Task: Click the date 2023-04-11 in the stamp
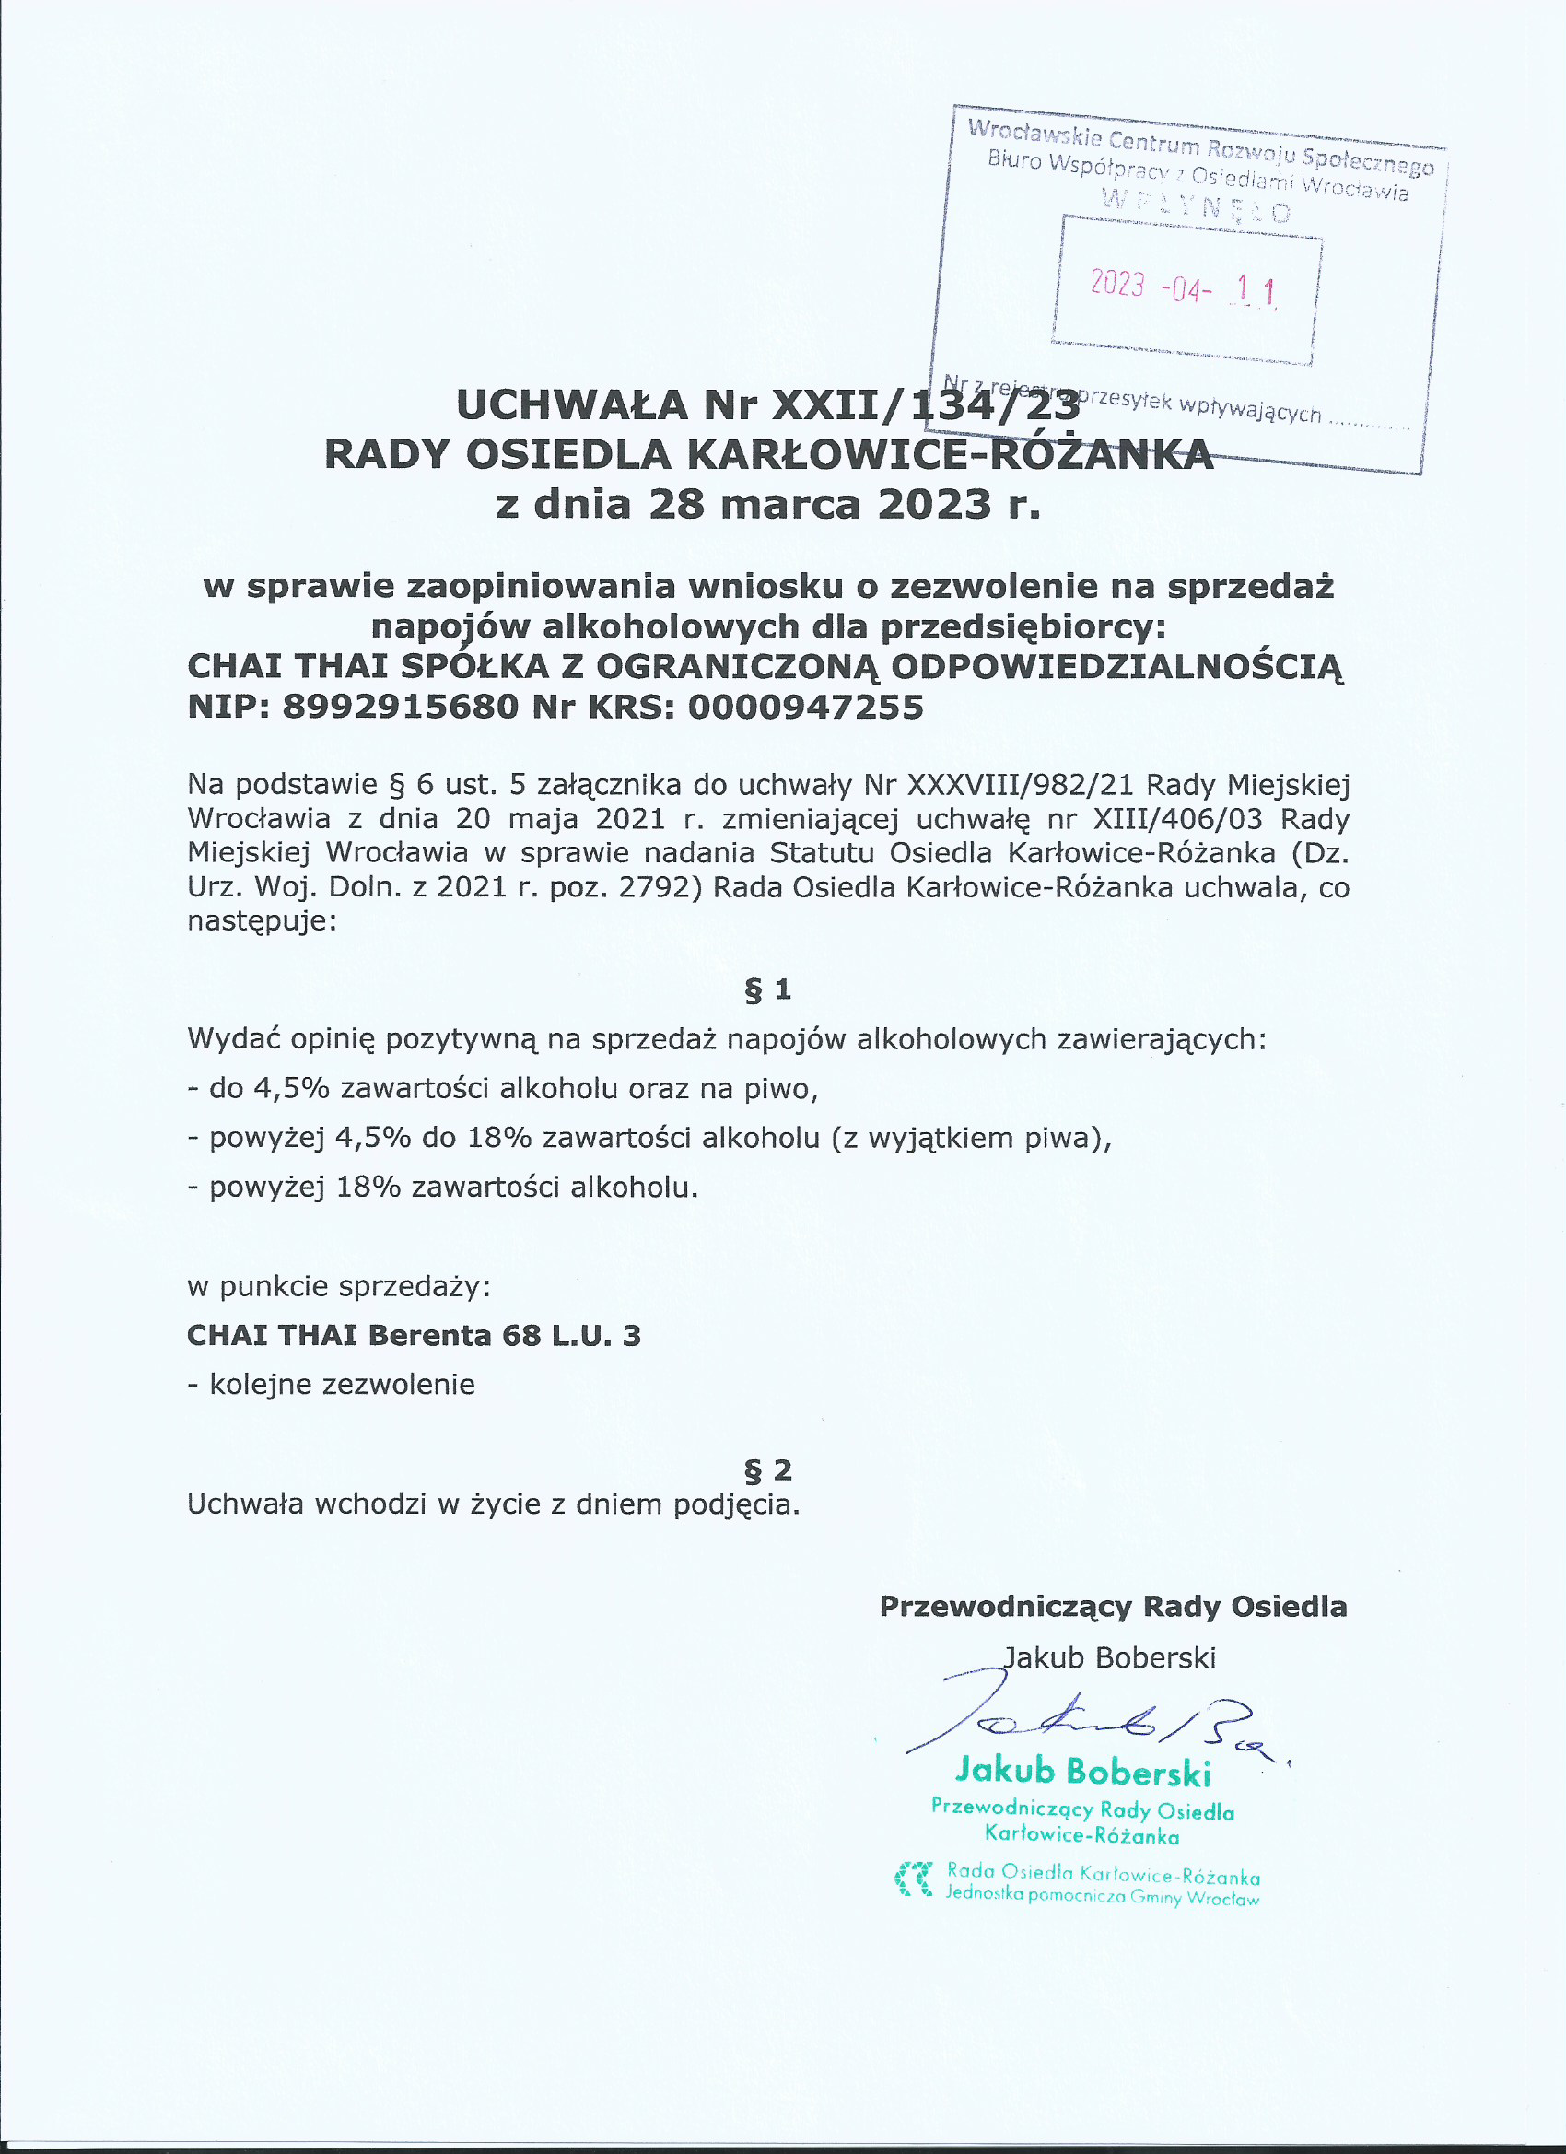tap(1184, 287)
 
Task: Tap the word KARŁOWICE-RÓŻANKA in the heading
tap(949, 454)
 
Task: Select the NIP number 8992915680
tap(400, 707)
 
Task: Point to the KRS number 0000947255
tap(805, 707)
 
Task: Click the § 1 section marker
tap(767, 990)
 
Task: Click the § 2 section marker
tap(767, 1470)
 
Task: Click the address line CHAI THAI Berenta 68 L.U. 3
tap(414, 1335)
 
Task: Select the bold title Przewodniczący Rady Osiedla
tap(1113, 1606)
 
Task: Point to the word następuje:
tap(263, 920)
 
